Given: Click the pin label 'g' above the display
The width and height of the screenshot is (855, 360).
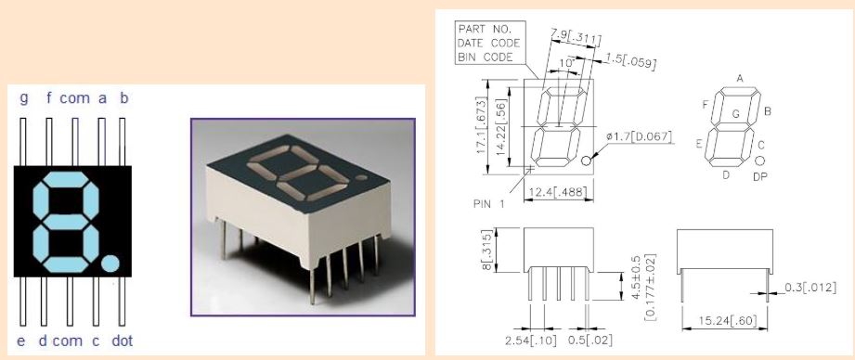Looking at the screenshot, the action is click(x=23, y=99).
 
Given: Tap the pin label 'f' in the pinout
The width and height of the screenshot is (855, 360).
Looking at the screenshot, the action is click(x=49, y=98).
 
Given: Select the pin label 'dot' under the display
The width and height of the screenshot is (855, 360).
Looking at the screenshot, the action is click(x=123, y=341).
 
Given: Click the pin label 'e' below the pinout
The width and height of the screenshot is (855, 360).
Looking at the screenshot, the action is click(x=21, y=341).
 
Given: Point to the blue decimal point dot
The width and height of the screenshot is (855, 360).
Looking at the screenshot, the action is click(x=110, y=264).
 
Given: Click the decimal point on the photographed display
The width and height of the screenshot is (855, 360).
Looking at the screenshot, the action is click(x=361, y=177).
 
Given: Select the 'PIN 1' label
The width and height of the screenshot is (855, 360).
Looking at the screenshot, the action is click(x=489, y=204).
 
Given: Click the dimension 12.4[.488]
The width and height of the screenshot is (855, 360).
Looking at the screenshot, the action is click(x=558, y=191).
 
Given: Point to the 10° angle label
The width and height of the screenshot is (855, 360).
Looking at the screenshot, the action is click(x=567, y=63).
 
